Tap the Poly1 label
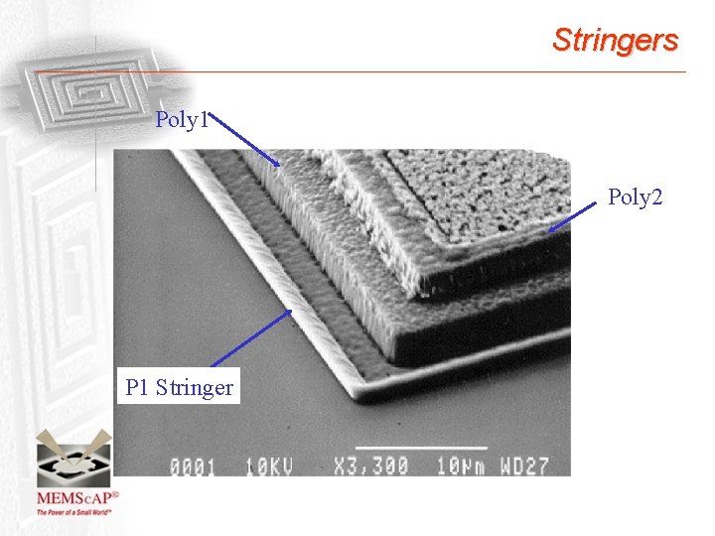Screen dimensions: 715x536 tap(182, 119)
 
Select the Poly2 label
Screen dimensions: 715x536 tap(636, 197)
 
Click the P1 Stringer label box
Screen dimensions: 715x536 tap(179, 385)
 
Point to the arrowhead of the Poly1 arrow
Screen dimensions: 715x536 tap(277, 164)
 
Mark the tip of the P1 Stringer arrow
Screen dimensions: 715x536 tap(291, 311)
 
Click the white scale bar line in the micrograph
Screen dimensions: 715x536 tap(421, 448)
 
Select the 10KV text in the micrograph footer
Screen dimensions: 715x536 tap(269, 467)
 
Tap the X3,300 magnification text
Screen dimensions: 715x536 tap(370, 467)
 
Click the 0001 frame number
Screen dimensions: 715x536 tap(193, 467)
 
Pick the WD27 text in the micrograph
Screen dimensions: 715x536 tap(524, 467)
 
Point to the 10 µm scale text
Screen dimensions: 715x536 tap(461, 467)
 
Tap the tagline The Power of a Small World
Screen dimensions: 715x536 tap(73, 512)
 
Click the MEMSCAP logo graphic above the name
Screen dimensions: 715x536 tap(73, 458)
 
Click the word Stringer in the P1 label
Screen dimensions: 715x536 tap(195, 387)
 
